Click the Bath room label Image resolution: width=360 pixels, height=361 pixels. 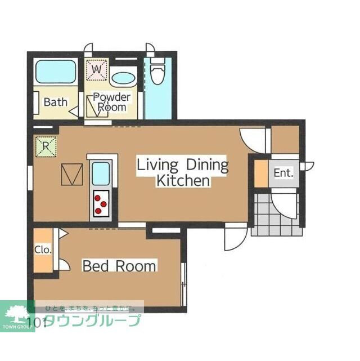point(56,102)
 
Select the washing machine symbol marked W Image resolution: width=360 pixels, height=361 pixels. point(96,69)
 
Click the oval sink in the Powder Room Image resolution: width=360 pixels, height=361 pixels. point(123,78)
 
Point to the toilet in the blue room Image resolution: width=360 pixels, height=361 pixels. point(157,72)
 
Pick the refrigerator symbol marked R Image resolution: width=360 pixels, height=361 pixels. point(45,147)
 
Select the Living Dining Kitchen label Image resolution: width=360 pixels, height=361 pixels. point(183,173)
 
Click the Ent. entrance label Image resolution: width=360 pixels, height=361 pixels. point(283,173)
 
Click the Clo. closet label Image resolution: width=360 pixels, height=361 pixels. point(43,249)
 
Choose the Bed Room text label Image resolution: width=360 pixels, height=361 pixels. point(119,266)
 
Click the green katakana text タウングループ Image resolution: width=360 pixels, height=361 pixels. point(92,321)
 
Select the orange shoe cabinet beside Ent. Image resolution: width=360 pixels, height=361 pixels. point(260,173)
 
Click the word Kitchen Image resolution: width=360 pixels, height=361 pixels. point(183,181)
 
